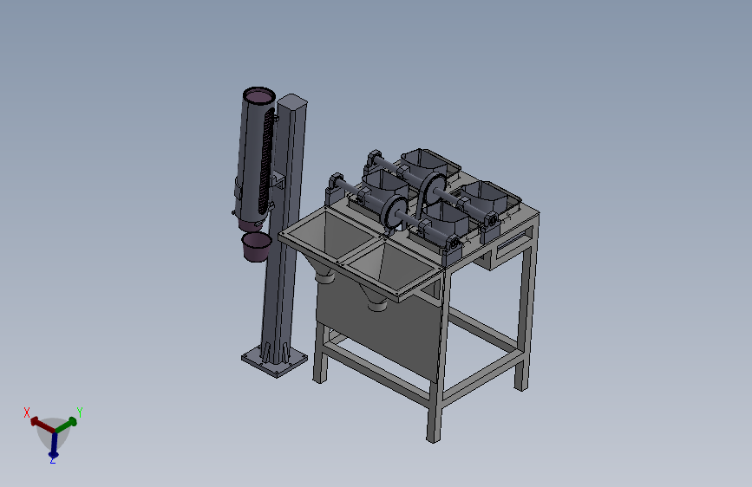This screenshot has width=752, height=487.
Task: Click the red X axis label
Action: [27, 412]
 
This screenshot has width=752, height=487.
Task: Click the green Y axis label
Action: [80, 412]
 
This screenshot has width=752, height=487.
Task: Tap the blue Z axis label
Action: [53, 460]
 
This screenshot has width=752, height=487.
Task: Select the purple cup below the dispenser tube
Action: [256, 247]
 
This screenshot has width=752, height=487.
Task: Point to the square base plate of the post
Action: [274, 360]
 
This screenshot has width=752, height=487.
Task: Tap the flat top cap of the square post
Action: [291, 101]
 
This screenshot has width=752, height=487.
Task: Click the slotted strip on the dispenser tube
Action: [266, 160]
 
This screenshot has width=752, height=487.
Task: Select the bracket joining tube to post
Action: [278, 182]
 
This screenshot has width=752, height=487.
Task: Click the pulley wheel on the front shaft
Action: [395, 213]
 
